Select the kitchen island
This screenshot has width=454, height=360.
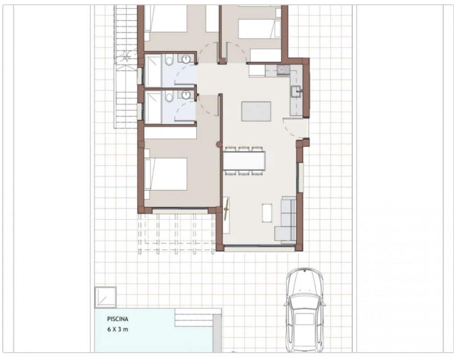tap(256, 111)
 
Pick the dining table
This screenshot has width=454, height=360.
tap(244, 160)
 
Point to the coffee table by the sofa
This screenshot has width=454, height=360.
tap(267, 213)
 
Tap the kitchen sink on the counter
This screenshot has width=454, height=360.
tap(296, 91)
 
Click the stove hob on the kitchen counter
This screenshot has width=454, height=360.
tap(283, 69)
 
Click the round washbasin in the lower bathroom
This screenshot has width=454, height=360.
tap(186, 95)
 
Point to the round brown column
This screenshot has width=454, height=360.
tap(218, 145)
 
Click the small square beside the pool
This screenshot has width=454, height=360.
tap(105, 297)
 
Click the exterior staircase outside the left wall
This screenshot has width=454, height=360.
tap(126, 67)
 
